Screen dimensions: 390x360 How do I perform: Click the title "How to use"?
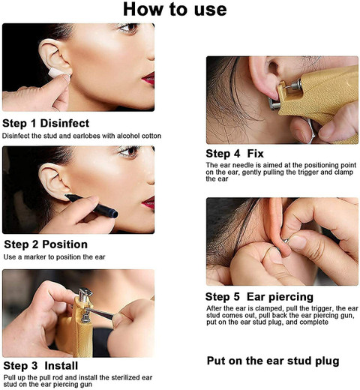pos(174,10)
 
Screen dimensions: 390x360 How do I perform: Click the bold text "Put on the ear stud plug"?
pos(273,361)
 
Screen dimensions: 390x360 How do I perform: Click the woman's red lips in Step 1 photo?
pos(148,77)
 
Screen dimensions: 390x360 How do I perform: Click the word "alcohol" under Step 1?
pos(124,135)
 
